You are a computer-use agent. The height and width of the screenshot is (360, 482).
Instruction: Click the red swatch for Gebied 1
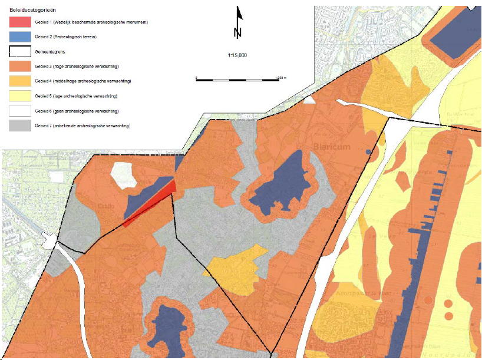click(x=21, y=22)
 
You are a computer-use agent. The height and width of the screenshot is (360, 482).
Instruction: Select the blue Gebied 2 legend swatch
click(x=21, y=37)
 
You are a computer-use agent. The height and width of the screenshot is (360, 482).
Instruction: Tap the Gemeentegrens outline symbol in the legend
click(x=21, y=51)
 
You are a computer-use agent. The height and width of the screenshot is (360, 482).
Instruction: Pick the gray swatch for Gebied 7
click(x=21, y=125)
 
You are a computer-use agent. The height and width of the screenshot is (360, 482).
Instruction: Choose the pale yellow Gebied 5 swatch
click(x=21, y=96)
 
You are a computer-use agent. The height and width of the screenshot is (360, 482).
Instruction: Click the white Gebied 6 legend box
click(x=21, y=111)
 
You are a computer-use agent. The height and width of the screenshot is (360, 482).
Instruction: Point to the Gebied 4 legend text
click(x=82, y=81)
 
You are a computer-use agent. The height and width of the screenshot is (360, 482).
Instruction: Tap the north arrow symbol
click(x=237, y=22)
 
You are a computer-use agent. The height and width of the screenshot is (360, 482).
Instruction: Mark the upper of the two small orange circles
click(x=448, y=305)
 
